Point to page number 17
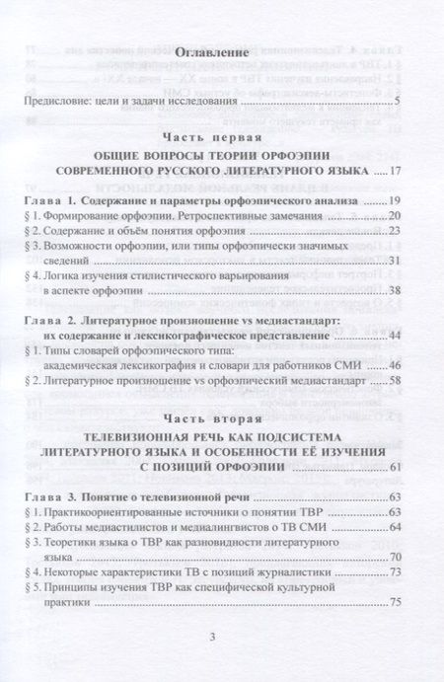click(x=394, y=173)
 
